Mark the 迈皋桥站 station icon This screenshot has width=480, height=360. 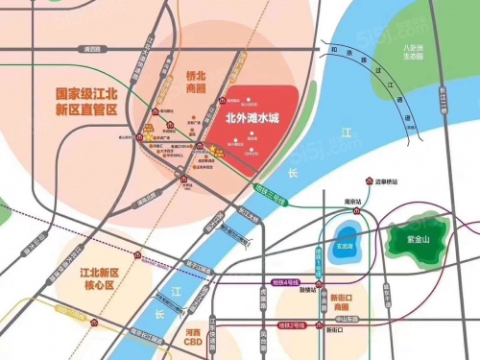(370, 181)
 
